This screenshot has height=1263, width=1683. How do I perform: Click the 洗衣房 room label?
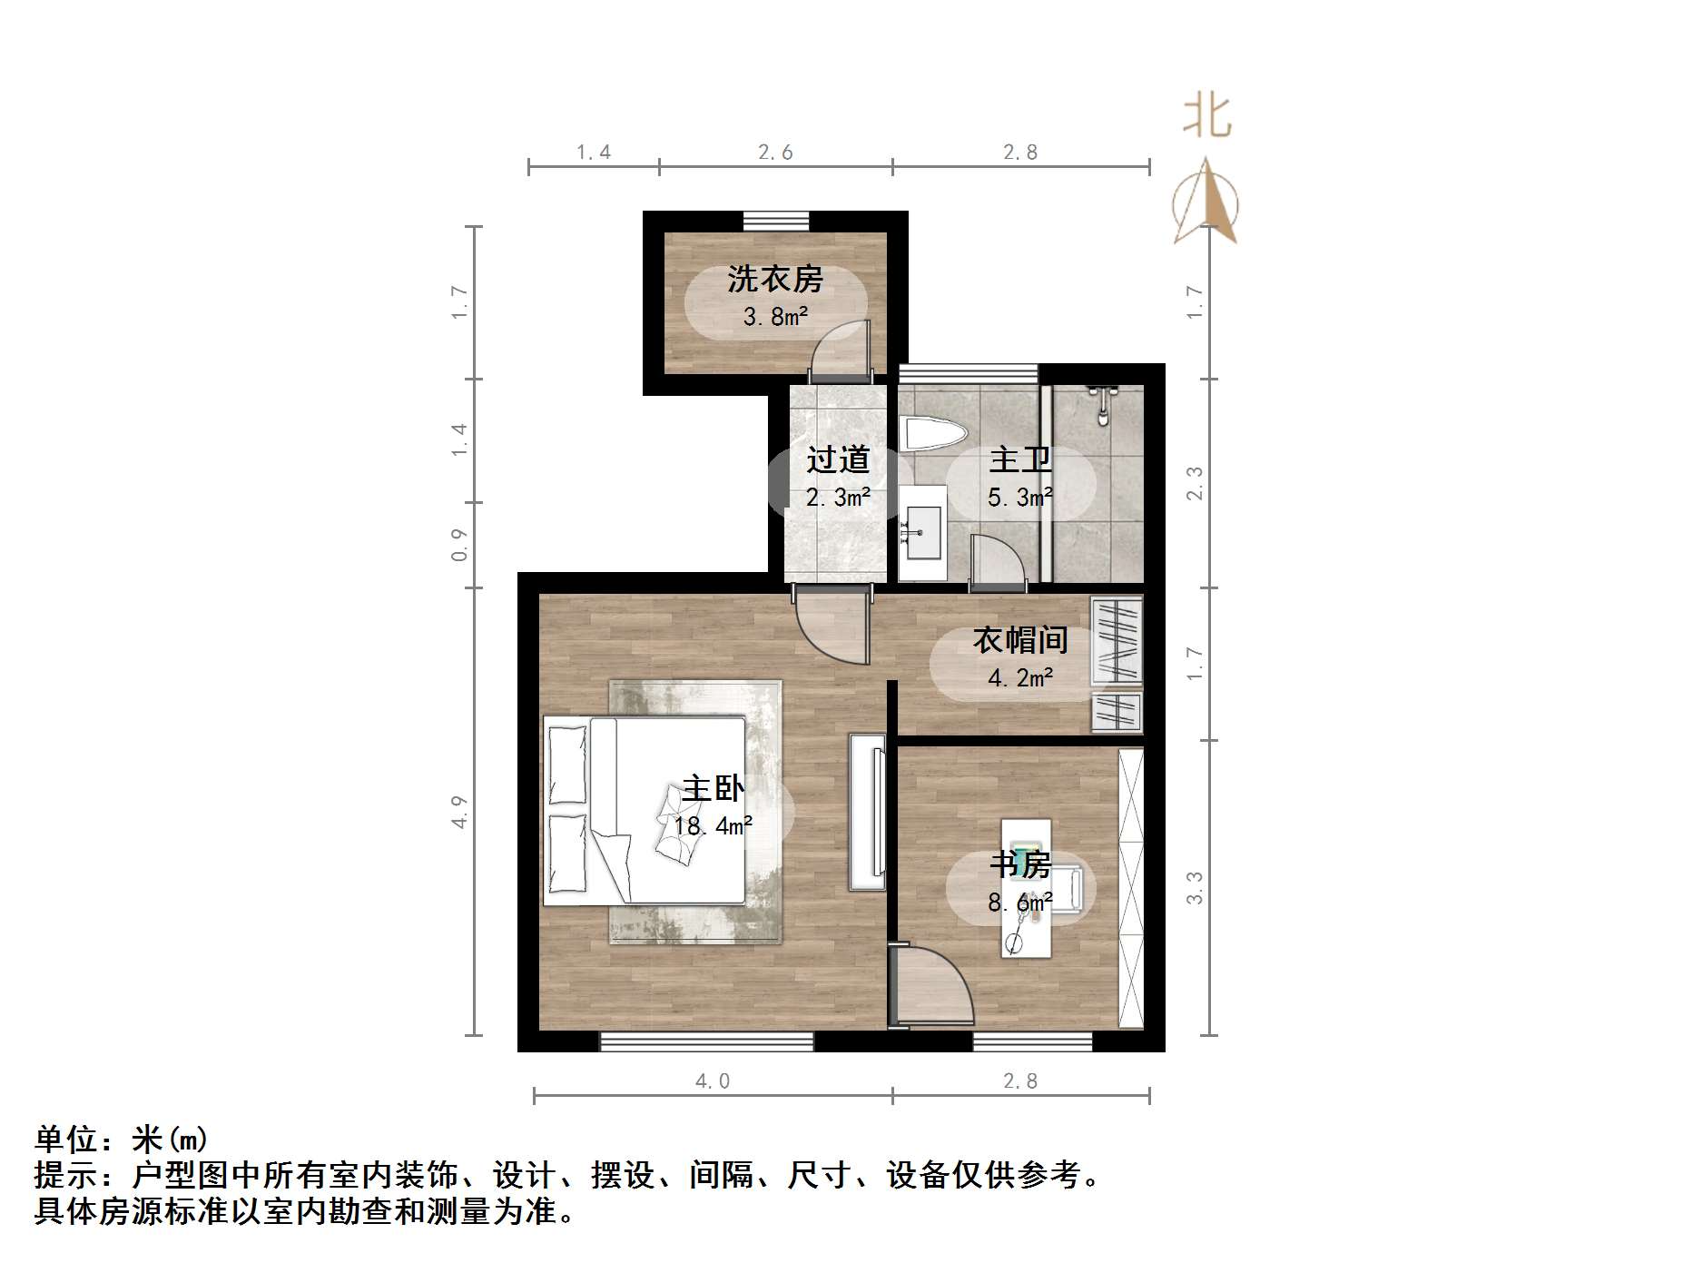[774, 279]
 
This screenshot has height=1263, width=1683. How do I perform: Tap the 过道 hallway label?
[838, 459]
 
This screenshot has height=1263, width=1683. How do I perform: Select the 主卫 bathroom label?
[1020, 459]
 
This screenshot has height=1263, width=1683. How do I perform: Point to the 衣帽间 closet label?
[1020, 640]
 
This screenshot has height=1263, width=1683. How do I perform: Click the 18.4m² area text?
[713, 826]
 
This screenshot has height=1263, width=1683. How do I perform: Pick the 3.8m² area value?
[774, 317]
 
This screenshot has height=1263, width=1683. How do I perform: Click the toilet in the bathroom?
[930, 434]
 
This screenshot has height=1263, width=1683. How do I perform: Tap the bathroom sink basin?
[922, 532]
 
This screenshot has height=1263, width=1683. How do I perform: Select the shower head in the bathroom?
[1102, 405]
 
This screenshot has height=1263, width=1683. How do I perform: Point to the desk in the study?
[1026, 887]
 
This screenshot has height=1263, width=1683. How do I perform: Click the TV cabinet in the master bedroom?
[867, 811]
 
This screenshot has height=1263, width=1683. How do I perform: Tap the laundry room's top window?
[775, 221]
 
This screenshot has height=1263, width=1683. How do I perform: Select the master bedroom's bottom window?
[706, 1041]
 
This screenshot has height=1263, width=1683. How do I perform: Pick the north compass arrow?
[1206, 202]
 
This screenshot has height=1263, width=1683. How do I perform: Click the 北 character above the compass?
[1206, 117]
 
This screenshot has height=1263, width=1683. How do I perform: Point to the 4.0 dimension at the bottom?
[712, 1080]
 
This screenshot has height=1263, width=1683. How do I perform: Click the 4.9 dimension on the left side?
[459, 811]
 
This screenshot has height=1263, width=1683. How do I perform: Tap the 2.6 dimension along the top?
[775, 153]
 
